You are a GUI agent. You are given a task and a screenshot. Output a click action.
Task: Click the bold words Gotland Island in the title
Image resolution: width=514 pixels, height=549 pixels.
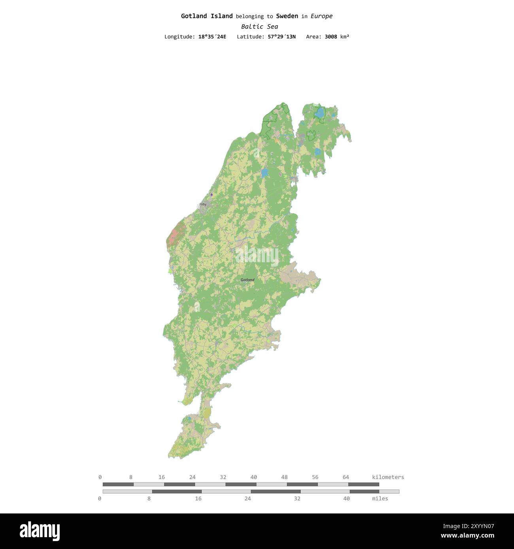pyautogui.click(x=207, y=16)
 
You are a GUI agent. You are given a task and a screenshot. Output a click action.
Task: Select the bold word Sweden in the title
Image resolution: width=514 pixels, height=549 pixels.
pyautogui.click(x=287, y=16)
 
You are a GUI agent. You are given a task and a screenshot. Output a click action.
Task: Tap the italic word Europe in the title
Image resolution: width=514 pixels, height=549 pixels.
pyautogui.click(x=321, y=16)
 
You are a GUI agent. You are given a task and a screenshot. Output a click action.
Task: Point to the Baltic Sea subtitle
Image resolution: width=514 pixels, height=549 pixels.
pyautogui.click(x=259, y=27)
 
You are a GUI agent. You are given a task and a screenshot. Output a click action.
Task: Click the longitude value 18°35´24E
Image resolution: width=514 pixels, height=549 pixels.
pyautogui.click(x=212, y=37)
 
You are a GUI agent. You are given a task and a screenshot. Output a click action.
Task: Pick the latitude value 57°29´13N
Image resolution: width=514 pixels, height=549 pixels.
pyautogui.click(x=282, y=37)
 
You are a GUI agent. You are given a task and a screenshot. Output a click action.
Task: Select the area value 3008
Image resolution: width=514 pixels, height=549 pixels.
pyautogui.click(x=331, y=37)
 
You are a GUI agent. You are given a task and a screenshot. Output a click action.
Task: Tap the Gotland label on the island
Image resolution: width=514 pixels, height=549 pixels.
pyautogui.click(x=248, y=280)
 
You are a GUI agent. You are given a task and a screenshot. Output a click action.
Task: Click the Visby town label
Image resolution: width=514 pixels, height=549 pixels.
pyautogui.click(x=203, y=205)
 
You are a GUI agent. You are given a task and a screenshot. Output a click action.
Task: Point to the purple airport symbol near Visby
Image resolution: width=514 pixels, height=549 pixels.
pyautogui.click(x=212, y=194)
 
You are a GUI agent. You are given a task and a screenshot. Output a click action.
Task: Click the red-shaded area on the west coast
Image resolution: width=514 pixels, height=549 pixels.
pyautogui.click(x=174, y=235)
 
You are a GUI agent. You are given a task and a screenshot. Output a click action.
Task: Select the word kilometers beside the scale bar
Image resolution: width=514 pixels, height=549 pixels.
pyautogui.click(x=388, y=477)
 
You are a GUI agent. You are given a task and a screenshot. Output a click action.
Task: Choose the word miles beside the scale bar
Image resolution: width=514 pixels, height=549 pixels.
pyautogui.click(x=380, y=499)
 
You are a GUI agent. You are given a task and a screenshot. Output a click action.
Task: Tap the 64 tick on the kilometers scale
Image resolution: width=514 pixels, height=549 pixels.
pyautogui.click(x=346, y=477)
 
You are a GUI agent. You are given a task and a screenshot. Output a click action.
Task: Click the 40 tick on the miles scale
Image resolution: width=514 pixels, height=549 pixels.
pyautogui.click(x=346, y=499)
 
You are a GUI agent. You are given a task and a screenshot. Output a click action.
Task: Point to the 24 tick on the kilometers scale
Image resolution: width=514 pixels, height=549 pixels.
pyautogui.click(x=192, y=477)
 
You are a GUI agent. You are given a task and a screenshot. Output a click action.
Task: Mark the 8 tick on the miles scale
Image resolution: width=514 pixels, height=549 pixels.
pyautogui.click(x=149, y=499)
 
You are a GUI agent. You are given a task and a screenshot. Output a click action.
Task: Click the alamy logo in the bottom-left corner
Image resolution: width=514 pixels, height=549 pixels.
pyautogui.click(x=40, y=531)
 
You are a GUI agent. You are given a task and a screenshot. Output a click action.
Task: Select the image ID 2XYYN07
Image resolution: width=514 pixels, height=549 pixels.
pyautogui.click(x=469, y=526)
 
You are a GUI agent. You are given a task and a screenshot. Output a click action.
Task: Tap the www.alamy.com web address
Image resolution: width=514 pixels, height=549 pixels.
pyautogui.click(x=467, y=536)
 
